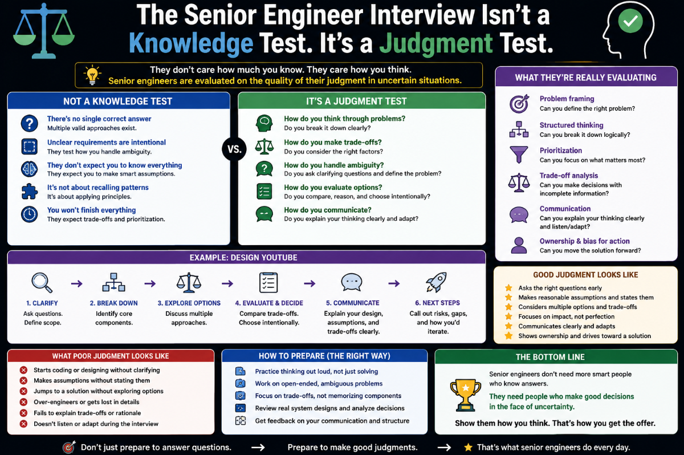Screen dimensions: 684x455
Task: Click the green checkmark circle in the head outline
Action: click(x=630, y=21)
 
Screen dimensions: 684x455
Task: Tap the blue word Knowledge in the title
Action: click(x=191, y=43)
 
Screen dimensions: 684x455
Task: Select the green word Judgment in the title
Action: click(x=435, y=43)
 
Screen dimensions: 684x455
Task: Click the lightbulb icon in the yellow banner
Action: click(x=92, y=75)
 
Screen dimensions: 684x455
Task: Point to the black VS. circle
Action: click(x=234, y=149)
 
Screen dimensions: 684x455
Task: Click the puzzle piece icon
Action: click(x=29, y=192)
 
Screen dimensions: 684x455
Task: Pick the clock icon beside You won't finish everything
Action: click(x=29, y=214)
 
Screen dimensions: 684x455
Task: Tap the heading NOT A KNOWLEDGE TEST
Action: click(x=117, y=101)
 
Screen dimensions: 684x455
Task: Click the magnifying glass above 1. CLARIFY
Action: click(x=42, y=282)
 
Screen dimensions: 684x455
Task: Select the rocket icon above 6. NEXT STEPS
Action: click(x=436, y=282)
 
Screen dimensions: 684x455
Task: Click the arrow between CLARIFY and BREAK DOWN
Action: click(x=76, y=284)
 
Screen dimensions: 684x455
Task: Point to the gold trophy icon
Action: click(x=465, y=395)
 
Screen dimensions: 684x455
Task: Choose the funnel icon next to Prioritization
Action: click(x=519, y=155)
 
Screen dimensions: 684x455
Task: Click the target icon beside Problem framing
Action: click(x=519, y=104)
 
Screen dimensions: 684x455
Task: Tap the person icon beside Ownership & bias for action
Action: click(x=519, y=245)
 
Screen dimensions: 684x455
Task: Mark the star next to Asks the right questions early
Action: click(x=508, y=288)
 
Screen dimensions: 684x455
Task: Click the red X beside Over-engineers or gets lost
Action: click(x=23, y=402)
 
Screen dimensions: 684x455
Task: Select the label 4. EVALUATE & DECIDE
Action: click(x=269, y=303)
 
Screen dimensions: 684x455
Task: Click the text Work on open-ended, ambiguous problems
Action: click(x=319, y=384)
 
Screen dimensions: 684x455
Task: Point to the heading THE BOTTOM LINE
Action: click(x=550, y=357)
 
